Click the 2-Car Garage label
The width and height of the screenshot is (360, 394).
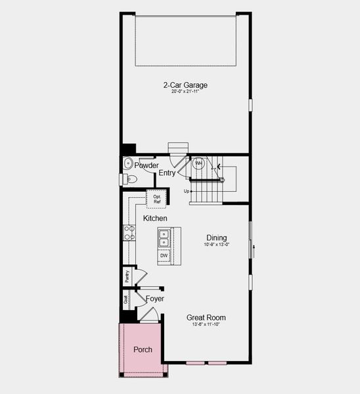pyautogui.click(x=185, y=85)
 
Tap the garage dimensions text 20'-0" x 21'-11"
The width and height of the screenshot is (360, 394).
pyautogui.click(x=185, y=92)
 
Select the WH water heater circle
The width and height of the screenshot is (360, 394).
pyautogui.click(x=198, y=164)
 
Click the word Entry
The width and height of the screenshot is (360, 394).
pyautogui.click(x=167, y=173)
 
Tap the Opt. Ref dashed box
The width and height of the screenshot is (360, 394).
pyautogui.click(x=158, y=198)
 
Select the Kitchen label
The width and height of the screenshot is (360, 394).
pyautogui.click(x=155, y=218)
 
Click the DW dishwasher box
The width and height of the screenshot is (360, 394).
pyautogui.click(x=164, y=255)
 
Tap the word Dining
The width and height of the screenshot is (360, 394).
pyautogui.click(x=216, y=238)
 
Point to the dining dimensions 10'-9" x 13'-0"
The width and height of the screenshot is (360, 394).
pyautogui.click(x=216, y=245)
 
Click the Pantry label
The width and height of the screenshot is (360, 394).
pyautogui.click(x=127, y=276)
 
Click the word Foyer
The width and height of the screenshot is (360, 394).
pyautogui.click(x=155, y=299)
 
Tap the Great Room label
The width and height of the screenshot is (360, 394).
pyautogui.click(x=206, y=317)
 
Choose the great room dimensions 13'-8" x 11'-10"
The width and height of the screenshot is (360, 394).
pyautogui.click(x=206, y=324)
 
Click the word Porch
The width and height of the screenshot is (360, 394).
pyautogui.click(x=143, y=349)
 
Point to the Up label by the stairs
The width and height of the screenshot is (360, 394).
pyautogui.click(x=187, y=191)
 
